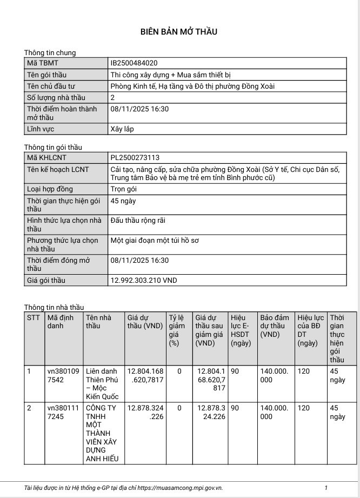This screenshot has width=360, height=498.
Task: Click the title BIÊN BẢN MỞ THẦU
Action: [179, 31]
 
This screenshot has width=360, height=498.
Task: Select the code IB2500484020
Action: [134, 63]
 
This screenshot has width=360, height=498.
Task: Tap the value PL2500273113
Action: [135, 157]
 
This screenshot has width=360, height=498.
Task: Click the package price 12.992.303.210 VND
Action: [143, 281]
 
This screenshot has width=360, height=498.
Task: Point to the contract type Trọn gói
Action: [123, 189]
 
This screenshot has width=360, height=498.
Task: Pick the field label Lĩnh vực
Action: [41, 129]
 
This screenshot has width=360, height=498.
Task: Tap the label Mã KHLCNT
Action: [45, 157]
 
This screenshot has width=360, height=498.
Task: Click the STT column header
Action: [34, 317]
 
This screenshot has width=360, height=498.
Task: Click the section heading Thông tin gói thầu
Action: [53, 147]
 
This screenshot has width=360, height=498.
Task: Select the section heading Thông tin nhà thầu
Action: [54, 307]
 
